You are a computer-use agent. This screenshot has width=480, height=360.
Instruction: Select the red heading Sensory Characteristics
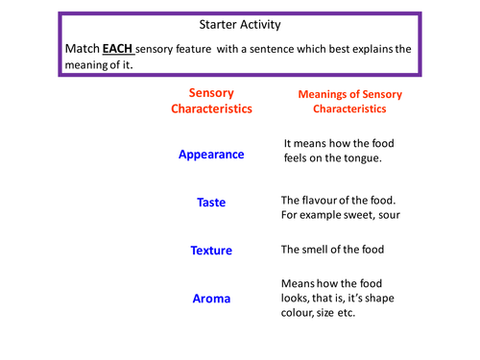point(211,101)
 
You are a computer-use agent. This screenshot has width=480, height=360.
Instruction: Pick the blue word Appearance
point(211,154)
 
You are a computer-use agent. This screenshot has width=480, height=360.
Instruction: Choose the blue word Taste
point(211,204)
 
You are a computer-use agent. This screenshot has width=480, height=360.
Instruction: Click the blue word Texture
point(211,251)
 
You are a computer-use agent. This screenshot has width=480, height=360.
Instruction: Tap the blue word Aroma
point(211,299)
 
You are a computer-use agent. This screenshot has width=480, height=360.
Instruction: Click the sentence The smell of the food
point(332,250)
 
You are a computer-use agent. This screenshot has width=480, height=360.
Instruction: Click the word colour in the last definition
point(300,317)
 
